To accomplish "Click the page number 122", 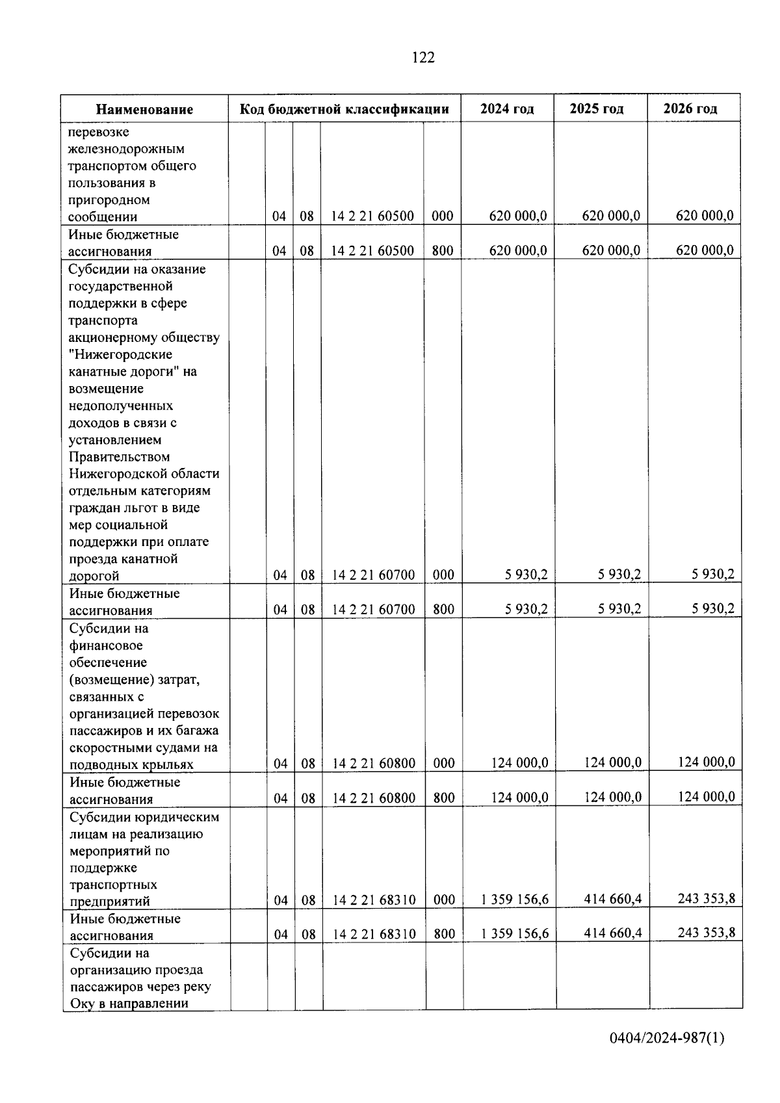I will pyautogui.click(x=423, y=58).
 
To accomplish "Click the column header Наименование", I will pyautogui.click(x=145, y=109).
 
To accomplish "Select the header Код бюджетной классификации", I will pyautogui.click(x=344, y=109).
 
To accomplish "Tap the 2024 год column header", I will pyautogui.click(x=507, y=109).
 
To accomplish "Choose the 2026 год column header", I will pyautogui.click(x=690, y=109).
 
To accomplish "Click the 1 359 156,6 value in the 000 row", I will pyautogui.click(x=515, y=900).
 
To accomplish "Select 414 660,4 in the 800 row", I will pyautogui.click(x=612, y=933).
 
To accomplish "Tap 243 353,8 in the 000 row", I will pyautogui.click(x=706, y=899).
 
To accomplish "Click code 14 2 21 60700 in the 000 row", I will pyautogui.click(x=373, y=575).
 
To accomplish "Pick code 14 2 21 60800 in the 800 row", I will pyautogui.click(x=374, y=798).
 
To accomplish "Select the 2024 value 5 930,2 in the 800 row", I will pyautogui.click(x=526, y=610).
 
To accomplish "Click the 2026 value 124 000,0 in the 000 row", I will pyautogui.click(x=706, y=762).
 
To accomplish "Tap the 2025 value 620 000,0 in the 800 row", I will pyautogui.click(x=611, y=250).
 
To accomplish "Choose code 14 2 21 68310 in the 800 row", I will pyautogui.click(x=374, y=935).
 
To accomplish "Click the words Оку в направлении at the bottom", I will pyautogui.click(x=129, y=1003).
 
